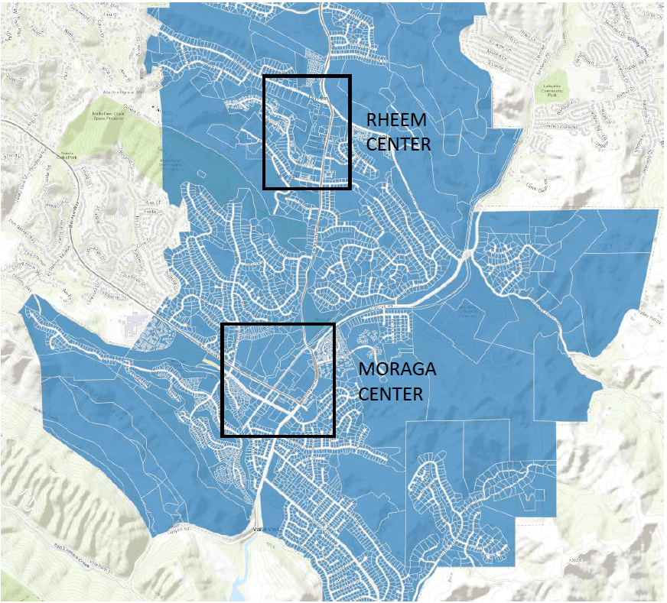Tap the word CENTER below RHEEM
pos(399,143)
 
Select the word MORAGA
pos(397,369)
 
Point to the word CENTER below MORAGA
pos(391,394)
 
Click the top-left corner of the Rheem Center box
pos(265,76)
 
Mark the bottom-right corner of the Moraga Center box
pos(334,436)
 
